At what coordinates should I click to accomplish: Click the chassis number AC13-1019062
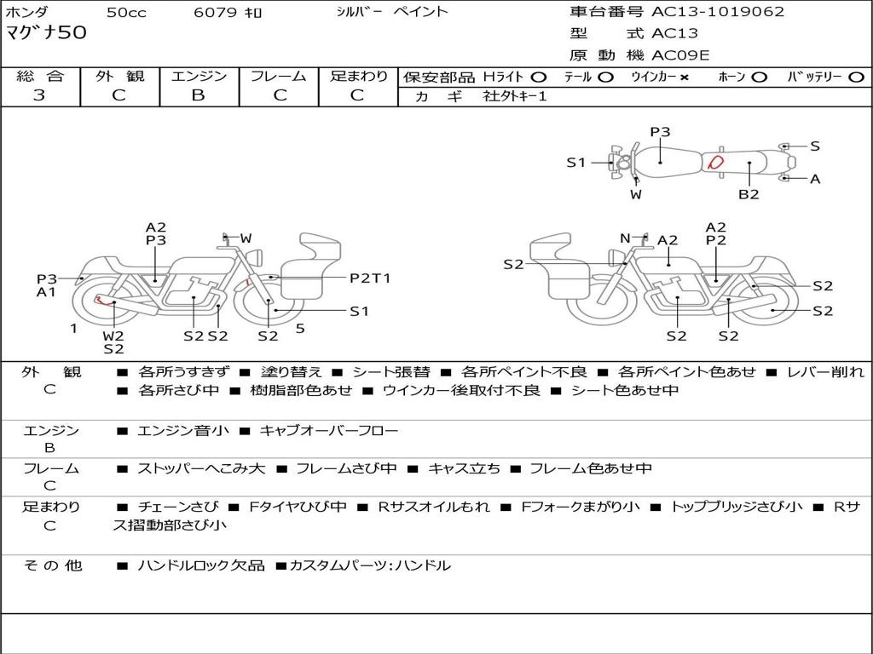tap(718, 12)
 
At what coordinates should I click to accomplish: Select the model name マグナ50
tap(46, 33)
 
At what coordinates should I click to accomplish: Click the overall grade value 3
tap(39, 95)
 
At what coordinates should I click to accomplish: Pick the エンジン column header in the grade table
tap(199, 76)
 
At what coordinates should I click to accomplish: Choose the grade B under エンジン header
tap(199, 95)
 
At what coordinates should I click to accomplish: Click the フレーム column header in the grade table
tap(278, 76)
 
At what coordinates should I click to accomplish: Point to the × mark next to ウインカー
tap(684, 77)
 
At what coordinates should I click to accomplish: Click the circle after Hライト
tap(539, 77)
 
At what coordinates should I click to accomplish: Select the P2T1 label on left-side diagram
tap(370, 278)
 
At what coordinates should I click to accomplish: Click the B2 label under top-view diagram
tap(749, 194)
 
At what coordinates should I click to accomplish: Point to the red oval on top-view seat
tap(716, 161)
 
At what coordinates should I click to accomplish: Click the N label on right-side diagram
tap(625, 238)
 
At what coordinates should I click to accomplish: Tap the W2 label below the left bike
tap(113, 335)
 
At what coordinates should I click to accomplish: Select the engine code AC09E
tap(680, 55)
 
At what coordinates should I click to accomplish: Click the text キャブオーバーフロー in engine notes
tap(328, 431)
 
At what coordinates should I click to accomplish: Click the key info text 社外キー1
tap(515, 96)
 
